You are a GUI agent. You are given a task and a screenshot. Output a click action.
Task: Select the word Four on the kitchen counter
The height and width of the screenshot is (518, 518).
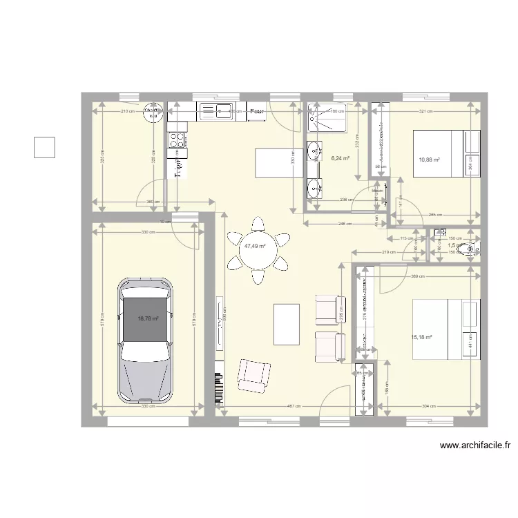click(x=258, y=111)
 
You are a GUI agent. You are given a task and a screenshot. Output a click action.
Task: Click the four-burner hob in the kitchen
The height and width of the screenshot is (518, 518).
click(x=178, y=139)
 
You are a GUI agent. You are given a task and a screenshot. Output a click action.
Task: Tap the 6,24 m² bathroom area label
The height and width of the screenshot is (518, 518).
click(x=340, y=158)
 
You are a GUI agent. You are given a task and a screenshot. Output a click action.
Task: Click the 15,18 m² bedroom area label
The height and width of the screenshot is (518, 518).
click(x=421, y=338)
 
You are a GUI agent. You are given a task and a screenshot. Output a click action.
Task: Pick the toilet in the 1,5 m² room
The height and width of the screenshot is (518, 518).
click(x=471, y=247)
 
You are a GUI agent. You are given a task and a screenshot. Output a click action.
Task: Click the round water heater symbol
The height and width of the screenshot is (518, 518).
click(x=151, y=113)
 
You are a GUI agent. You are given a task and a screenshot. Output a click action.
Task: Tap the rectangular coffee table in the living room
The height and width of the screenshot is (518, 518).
click(x=286, y=324)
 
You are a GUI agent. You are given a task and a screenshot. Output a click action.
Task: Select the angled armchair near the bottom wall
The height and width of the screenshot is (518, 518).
click(x=252, y=376)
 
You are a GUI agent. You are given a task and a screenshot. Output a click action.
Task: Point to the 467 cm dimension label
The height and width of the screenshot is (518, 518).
click(x=294, y=406)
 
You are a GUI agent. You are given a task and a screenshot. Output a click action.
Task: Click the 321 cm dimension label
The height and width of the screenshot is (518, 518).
click(x=425, y=111)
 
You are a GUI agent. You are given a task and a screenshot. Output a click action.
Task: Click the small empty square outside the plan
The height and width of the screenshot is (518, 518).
click(x=44, y=147)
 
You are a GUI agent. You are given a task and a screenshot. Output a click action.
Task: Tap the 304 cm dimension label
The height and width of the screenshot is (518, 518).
click(x=428, y=406)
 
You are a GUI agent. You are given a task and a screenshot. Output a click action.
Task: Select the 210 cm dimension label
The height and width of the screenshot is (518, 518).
click(x=128, y=111)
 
